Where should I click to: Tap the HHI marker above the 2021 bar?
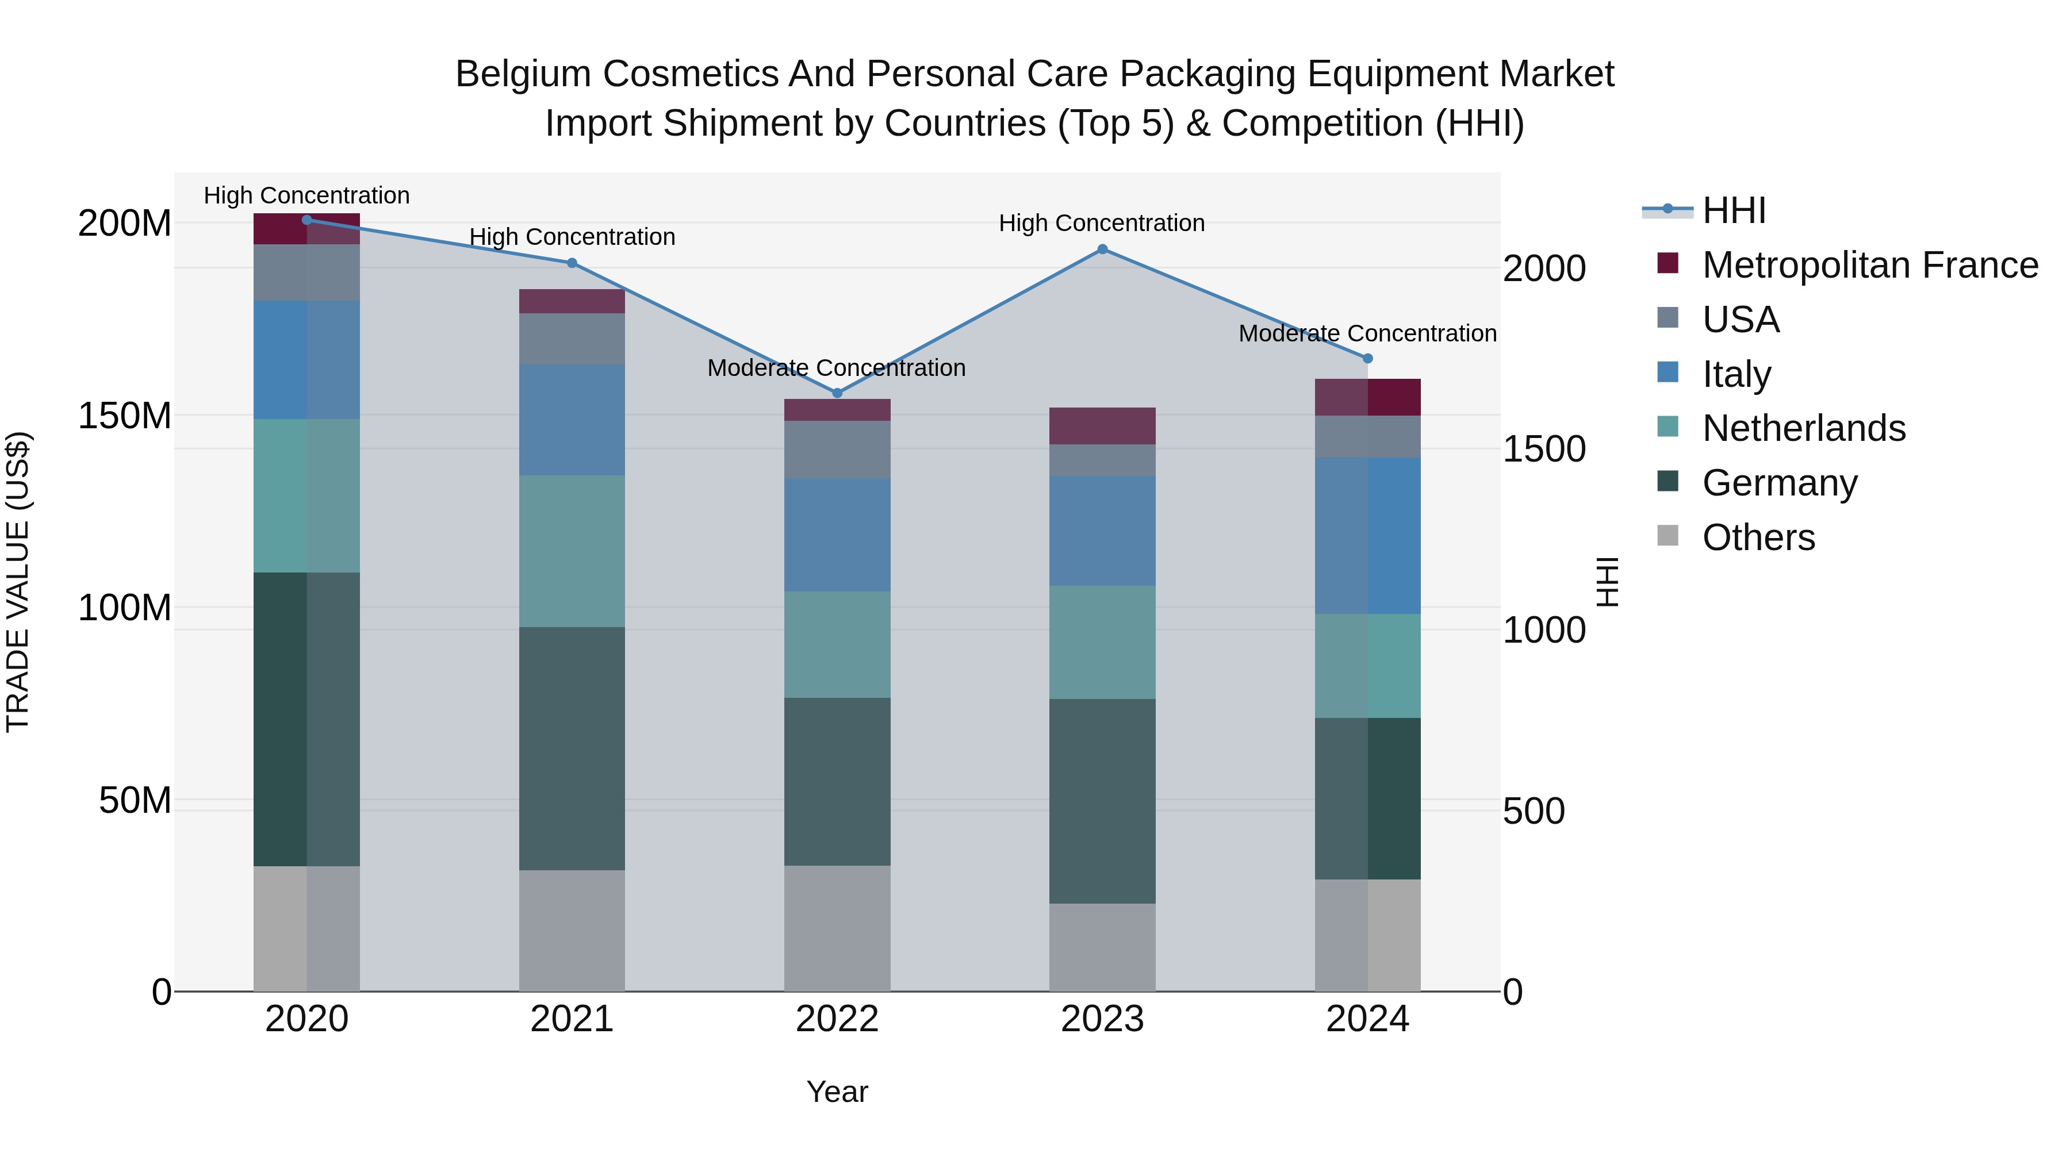572,263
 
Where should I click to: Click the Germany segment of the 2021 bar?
572,748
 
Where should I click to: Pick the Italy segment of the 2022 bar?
837,535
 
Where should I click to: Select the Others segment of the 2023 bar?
1102,947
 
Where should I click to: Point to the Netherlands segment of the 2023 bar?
1102,643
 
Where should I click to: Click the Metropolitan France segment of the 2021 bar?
572,301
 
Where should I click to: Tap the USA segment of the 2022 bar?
837,450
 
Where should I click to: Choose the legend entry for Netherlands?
1803,429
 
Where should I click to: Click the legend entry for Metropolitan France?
1869,265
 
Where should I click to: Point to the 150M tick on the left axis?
125,416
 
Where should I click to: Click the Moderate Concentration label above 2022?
837,368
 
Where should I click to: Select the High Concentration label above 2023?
1102,224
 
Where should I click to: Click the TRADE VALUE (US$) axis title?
18,582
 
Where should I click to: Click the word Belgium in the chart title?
522,74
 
